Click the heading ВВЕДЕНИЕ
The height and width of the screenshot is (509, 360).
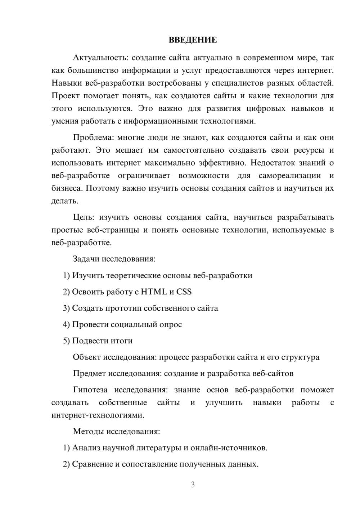click(x=193, y=40)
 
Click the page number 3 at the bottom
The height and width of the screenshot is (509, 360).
click(x=193, y=485)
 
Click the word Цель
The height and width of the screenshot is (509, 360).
click(x=83, y=217)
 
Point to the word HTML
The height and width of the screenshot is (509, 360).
click(x=154, y=292)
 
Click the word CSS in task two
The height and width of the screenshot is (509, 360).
click(x=184, y=292)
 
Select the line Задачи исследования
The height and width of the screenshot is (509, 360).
click(x=114, y=259)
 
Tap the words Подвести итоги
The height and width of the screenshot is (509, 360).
click(x=102, y=341)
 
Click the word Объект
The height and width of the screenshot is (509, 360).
click(x=87, y=357)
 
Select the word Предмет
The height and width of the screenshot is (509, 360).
click(x=89, y=374)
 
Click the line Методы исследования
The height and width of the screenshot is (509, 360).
click(x=116, y=432)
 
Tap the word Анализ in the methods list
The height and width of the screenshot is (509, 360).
click(x=86, y=448)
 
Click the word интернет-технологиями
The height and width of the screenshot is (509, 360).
click(x=98, y=415)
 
